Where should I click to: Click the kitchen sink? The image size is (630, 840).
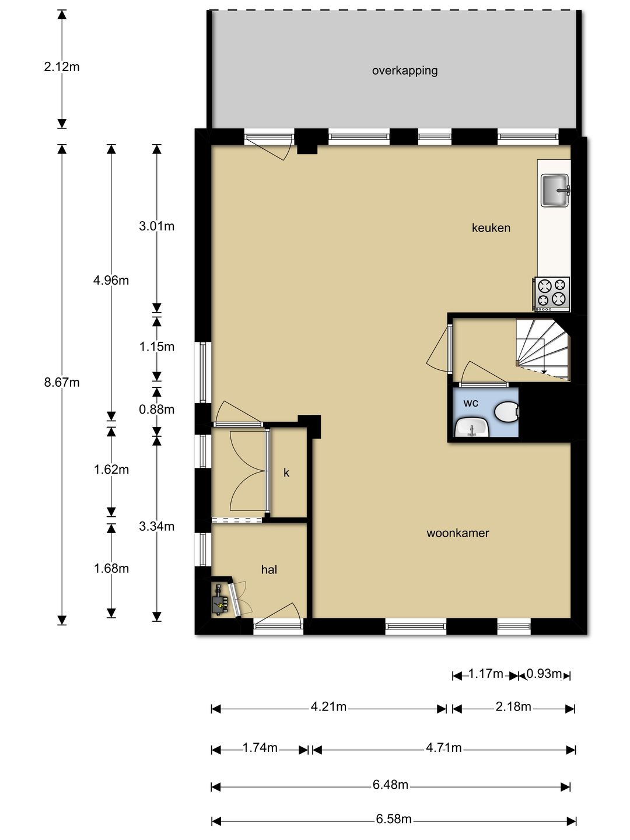point(555,190)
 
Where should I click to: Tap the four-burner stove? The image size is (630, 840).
point(552,294)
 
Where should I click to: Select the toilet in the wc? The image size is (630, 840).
point(506,412)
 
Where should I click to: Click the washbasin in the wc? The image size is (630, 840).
point(472,427)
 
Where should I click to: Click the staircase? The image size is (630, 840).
point(543,349)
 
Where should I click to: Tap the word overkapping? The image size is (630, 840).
point(405,71)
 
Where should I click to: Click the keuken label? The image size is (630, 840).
point(491,228)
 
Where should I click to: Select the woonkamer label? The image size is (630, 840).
point(458,533)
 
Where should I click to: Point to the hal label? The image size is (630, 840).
point(269,570)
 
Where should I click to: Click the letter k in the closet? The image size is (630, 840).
point(286,473)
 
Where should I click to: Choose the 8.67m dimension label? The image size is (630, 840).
point(62,382)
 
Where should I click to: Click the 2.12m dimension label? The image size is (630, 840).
point(62,67)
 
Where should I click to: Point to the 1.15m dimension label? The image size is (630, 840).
point(156,346)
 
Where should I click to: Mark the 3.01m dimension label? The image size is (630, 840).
point(156,226)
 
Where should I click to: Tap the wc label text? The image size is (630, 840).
point(471,403)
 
